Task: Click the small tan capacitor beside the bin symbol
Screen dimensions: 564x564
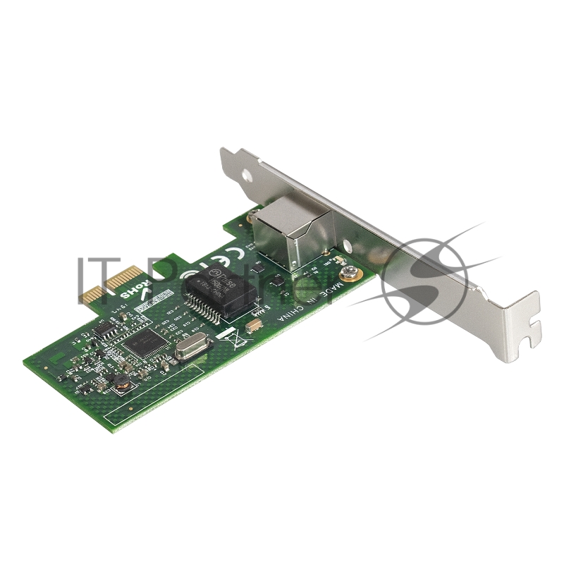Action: pyautogui.click(x=255, y=325)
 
